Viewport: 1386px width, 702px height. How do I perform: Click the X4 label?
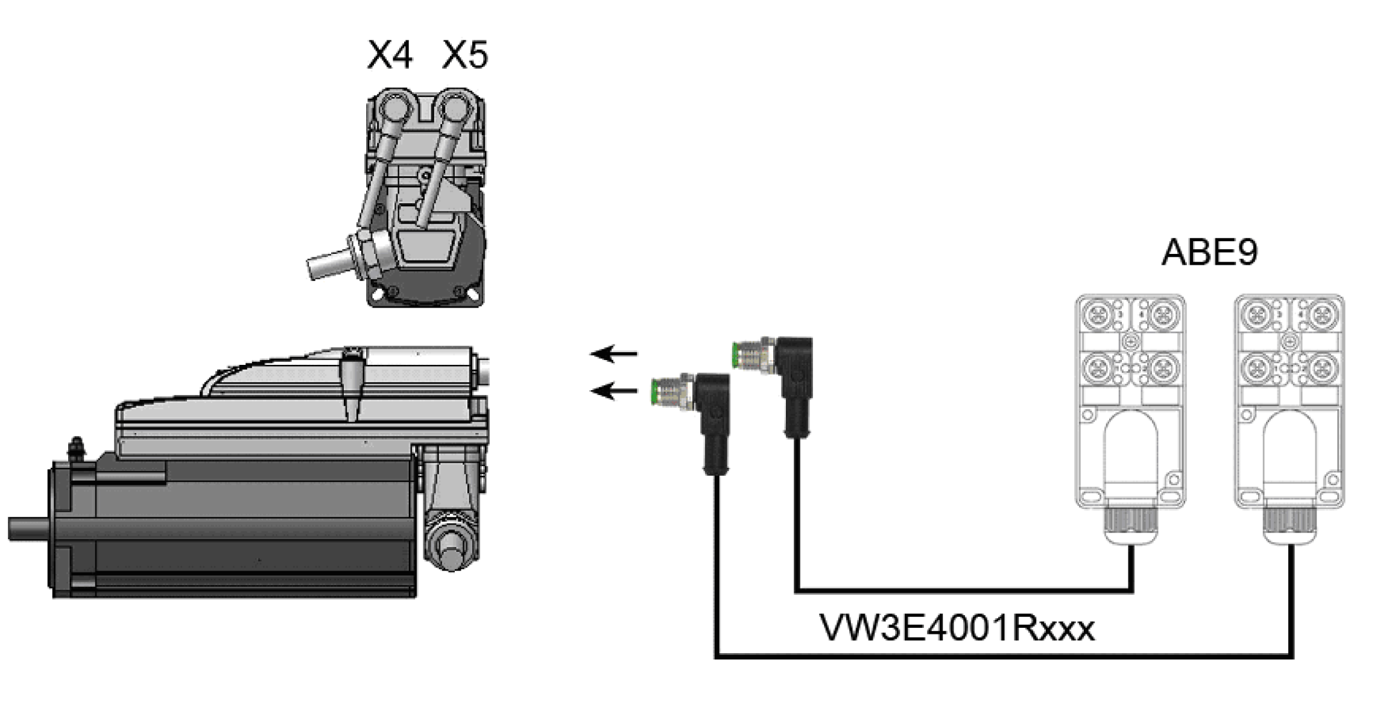click(390, 55)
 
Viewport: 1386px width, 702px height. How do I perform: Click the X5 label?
click(464, 55)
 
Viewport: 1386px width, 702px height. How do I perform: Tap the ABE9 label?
click(1209, 252)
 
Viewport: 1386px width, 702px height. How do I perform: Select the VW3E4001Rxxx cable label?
click(957, 628)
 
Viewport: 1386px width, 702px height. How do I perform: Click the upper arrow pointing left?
click(613, 353)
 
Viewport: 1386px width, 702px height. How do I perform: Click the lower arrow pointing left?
click(613, 391)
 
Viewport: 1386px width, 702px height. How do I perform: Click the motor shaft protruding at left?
click(27, 528)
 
